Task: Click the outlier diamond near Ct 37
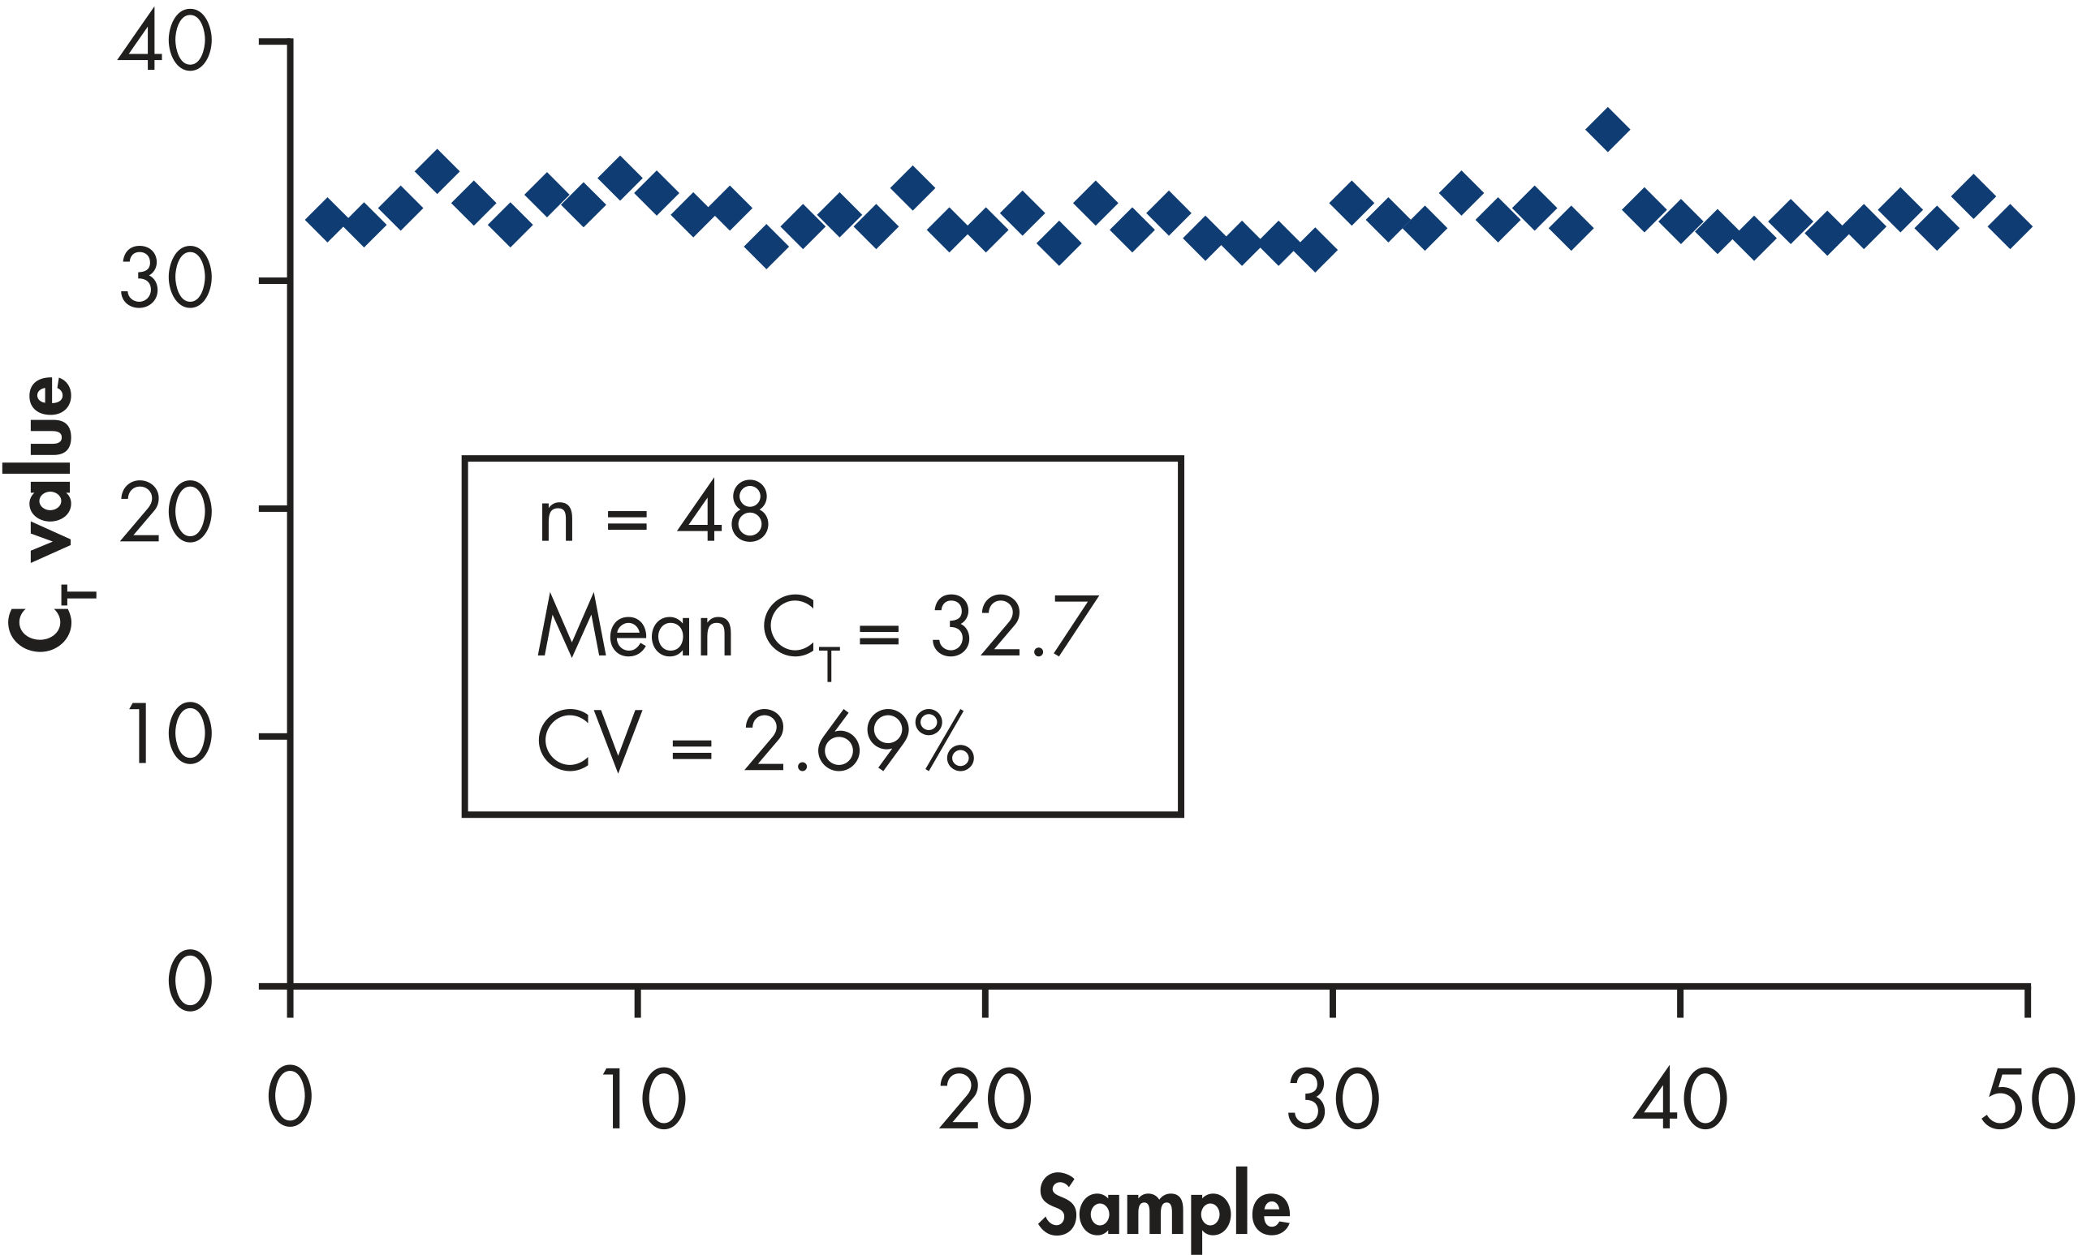(x=1607, y=129)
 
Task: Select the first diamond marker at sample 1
(x=327, y=220)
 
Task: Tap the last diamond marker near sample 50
(x=2011, y=226)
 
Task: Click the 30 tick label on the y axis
(x=166, y=280)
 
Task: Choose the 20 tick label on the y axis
(x=166, y=513)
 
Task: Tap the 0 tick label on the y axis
(x=189, y=982)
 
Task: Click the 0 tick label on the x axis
(x=290, y=1098)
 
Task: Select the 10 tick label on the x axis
(x=643, y=1098)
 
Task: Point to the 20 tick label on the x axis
(x=985, y=1098)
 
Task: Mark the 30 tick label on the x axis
(x=1333, y=1098)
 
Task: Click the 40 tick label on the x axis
(x=1680, y=1098)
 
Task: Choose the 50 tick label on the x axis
(x=2028, y=1098)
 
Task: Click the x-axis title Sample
(x=1164, y=1207)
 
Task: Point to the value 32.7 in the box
(x=1014, y=628)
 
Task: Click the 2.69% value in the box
(x=859, y=741)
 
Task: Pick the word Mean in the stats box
(x=635, y=628)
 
